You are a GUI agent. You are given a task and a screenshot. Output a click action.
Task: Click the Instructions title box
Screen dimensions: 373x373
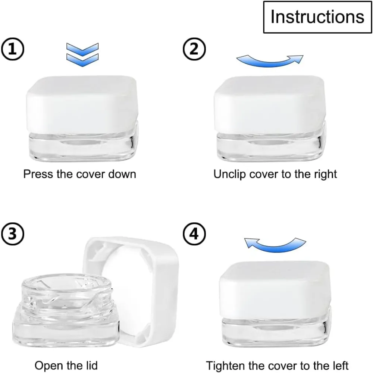coord(317,17)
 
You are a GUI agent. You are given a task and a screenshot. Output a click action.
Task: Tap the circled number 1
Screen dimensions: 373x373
coord(13,49)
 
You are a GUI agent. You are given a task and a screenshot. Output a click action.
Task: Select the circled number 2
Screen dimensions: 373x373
coord(194,49)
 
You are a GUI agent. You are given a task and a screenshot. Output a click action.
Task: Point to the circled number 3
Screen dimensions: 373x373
coord(13,234)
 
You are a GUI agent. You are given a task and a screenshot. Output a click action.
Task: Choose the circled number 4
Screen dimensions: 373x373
coord(194,234)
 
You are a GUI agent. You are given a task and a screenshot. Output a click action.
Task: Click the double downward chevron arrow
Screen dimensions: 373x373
coord(82,55)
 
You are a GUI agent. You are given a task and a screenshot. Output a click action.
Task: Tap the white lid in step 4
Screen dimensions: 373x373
coord(275,290)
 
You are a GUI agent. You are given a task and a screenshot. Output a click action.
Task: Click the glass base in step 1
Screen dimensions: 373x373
coord(83,145)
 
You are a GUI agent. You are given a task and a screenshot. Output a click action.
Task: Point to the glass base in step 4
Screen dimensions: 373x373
coord(277,330)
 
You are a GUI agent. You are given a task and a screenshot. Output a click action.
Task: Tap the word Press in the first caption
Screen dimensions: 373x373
coord(38,174)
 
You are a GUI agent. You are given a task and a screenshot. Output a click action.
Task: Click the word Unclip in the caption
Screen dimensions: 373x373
coord(229,174)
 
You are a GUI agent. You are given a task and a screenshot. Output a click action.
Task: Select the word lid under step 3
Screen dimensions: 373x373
coord(91,365)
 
